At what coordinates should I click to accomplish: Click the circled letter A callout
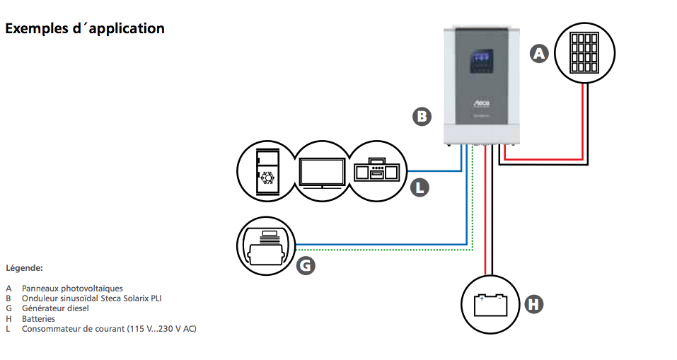[x=540, y=53]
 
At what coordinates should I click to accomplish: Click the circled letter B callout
[x=422, y=116]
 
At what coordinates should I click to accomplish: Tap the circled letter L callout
[x=420, y=187]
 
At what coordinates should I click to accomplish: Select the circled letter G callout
[x=305, y=265]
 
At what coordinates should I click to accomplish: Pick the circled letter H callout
[x=533, y=304]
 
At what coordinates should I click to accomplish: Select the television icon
[x=322, y=171]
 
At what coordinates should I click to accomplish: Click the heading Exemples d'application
[x=85, y=29]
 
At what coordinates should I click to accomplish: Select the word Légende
[x=25, y=268]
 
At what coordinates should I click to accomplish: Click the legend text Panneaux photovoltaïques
[x=72, y=289]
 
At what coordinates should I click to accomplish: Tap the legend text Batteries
[x=38, y=318]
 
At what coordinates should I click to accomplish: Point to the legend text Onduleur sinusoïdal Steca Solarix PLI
[x=91, y=298]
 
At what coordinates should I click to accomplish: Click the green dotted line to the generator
[x=382, y=250]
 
